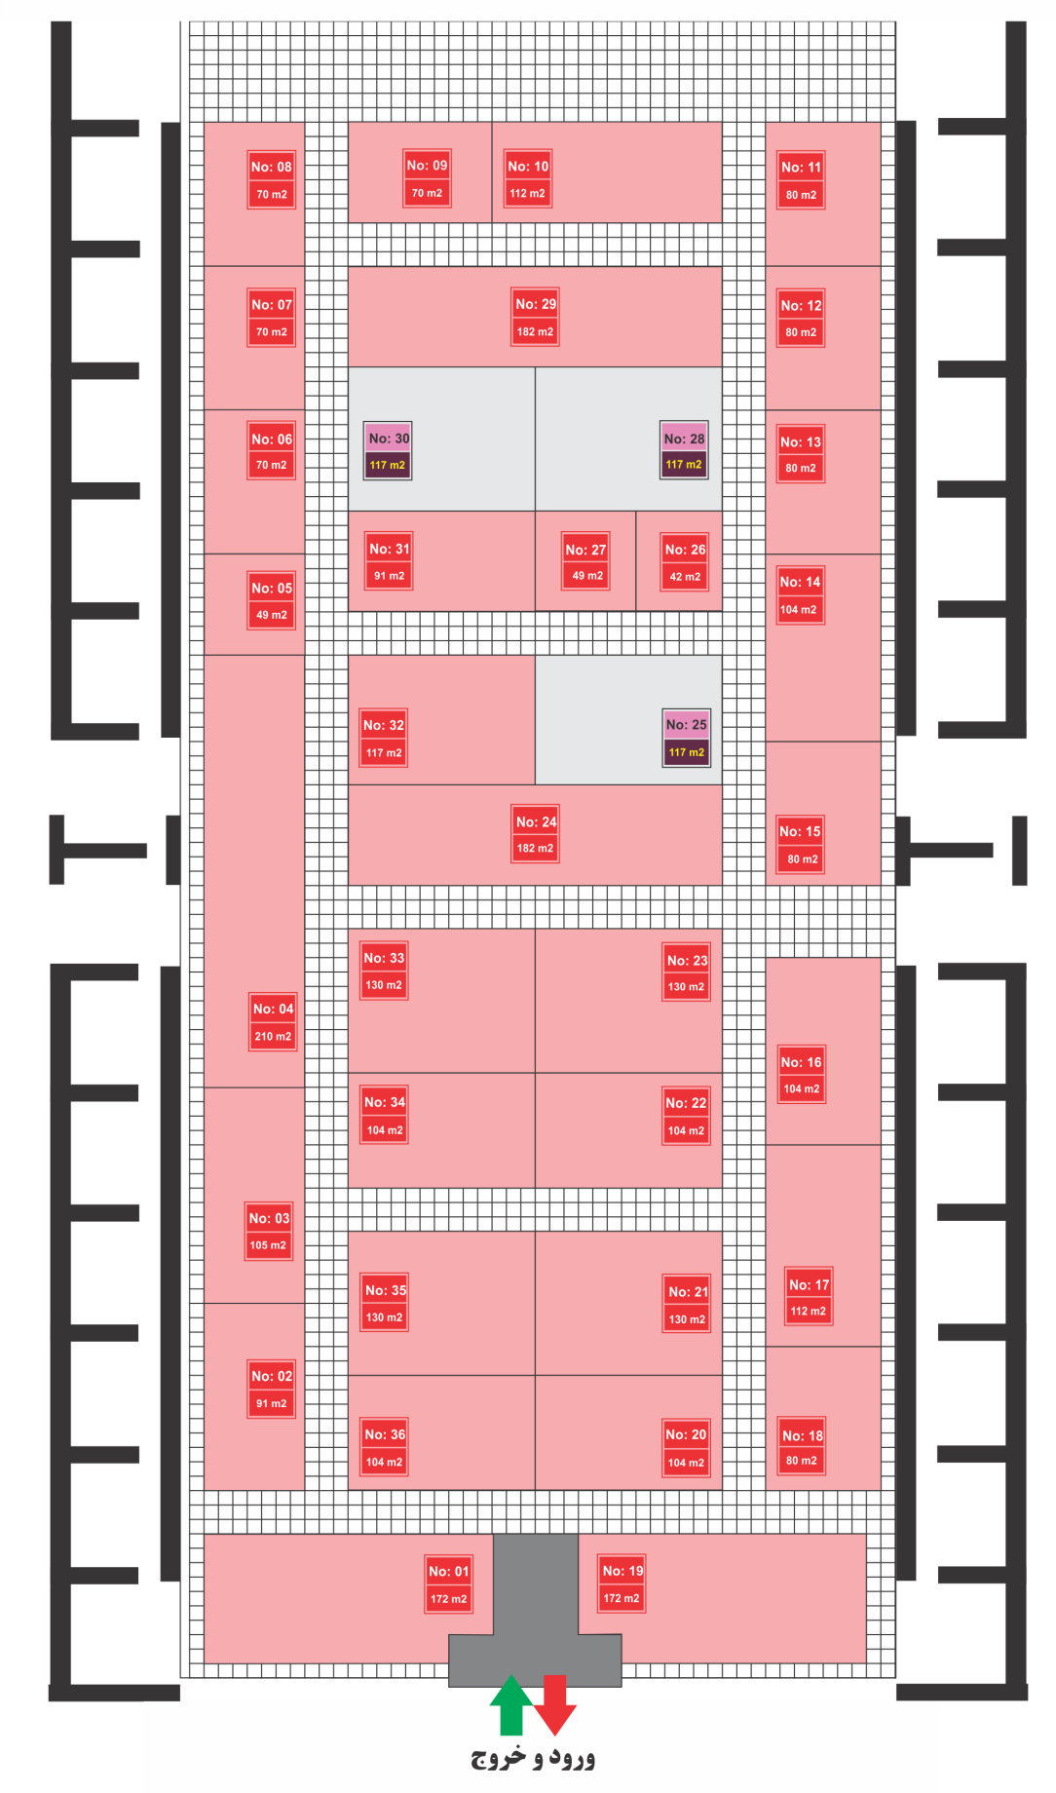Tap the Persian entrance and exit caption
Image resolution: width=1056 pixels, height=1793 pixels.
coord(533,1758)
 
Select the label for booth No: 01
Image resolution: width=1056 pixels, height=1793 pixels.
coord(448,1584)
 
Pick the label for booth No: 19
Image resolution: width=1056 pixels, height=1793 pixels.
coord(622,1583)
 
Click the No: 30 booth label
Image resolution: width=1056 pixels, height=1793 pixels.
coord(388,451)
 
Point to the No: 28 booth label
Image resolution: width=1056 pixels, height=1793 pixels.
coord(684,451)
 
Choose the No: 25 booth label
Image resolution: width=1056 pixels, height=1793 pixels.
coord(687,738)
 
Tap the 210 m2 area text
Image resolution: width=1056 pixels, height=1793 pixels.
coord(273,1037)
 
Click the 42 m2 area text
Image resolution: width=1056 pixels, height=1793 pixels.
coord(685,577)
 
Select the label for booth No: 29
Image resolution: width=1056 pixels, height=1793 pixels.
coord(536,318)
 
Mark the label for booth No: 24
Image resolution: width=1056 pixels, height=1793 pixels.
coord(536,834)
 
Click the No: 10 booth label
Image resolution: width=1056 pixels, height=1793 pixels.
coord(528,179)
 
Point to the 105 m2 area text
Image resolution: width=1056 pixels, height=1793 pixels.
coord(268,1245)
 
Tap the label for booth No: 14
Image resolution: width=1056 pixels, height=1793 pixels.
coord(800,595)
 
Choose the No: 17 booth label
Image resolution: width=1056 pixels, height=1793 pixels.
coord(809,1297)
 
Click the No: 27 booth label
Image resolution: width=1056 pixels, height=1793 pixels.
coord(585,562)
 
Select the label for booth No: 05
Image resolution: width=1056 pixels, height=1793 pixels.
coord(271,601)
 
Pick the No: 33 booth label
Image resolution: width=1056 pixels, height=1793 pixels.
coord(384,972)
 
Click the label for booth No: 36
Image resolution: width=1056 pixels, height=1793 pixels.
coord(385,1448)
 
